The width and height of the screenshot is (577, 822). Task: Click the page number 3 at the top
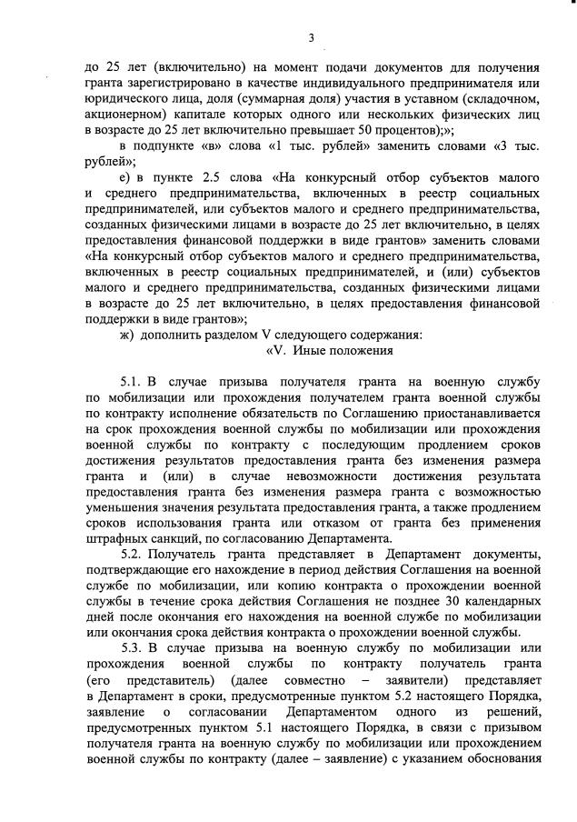click(x=311, y=37)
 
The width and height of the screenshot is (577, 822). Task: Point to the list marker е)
click(x=127, y=175)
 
